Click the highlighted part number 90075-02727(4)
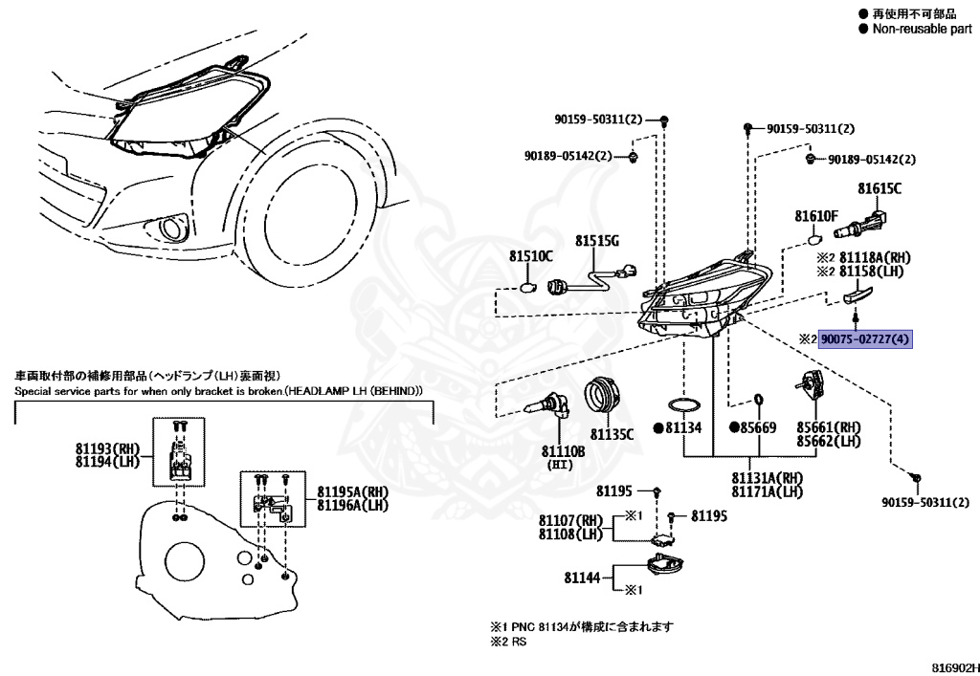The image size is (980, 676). point(865,339)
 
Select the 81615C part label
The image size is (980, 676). point(880,188)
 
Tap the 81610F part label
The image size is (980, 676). point(815,216)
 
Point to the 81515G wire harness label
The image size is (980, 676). point(597,240)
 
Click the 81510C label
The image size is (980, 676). point(530,256)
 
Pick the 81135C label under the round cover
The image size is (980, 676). point(612,433)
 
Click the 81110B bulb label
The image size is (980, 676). point(563,450)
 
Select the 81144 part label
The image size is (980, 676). point(582,578)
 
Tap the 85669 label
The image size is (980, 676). point(758,427)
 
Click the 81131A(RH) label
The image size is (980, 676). point(768,478)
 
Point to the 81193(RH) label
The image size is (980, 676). point(107,448)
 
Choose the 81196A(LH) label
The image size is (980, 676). point(352,504)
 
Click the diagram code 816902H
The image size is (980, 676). point(954,668)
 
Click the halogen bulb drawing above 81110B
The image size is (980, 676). point(548,408)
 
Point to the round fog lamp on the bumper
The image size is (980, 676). point(170,229)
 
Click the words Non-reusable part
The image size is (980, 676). point(923,29)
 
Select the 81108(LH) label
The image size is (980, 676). point(571,534)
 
